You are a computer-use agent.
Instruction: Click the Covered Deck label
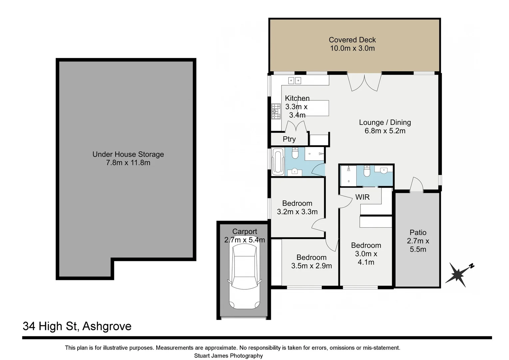click(352, 40)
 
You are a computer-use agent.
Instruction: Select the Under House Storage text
click(128, 154)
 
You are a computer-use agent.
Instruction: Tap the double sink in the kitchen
click(294, 80)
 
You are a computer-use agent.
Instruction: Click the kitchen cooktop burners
click(276, 111)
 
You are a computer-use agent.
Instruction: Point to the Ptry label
click(289, 139)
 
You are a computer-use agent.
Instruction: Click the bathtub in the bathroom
click(277, 162)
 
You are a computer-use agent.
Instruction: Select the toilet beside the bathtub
click(295, 153)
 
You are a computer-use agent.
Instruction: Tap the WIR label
click(362, 197)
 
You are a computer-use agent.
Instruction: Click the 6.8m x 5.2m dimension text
click(385, 131)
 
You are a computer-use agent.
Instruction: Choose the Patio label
click(418, 232)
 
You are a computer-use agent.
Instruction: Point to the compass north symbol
click(459, 273)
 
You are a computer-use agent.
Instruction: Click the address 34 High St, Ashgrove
click(77, 326)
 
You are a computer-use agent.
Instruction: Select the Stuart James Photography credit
click(229, 356)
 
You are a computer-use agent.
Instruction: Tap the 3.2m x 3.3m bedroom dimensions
click(297, 212)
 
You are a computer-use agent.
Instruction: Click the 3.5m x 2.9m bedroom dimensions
click(311, 266)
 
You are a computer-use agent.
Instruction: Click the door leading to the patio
click(416, 185)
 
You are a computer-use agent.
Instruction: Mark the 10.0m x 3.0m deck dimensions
click(352, 48)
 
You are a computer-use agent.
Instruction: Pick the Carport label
click(245, 231)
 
